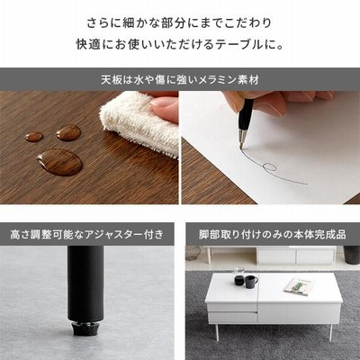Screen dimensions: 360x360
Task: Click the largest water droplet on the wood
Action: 60,162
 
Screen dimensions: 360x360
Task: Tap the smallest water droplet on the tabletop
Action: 34,137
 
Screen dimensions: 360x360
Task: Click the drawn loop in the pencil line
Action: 269,166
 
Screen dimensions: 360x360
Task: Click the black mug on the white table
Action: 251,282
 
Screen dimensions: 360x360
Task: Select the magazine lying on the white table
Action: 299,285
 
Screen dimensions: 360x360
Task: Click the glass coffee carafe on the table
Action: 238,277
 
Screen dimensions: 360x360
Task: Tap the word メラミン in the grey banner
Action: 211,80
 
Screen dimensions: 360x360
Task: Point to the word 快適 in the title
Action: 87,44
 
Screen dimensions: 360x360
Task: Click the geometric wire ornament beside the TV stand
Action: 193,253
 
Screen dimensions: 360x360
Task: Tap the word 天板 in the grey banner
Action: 112,80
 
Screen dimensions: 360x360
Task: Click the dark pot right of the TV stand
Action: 351,255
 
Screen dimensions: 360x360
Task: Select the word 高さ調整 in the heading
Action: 37,234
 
